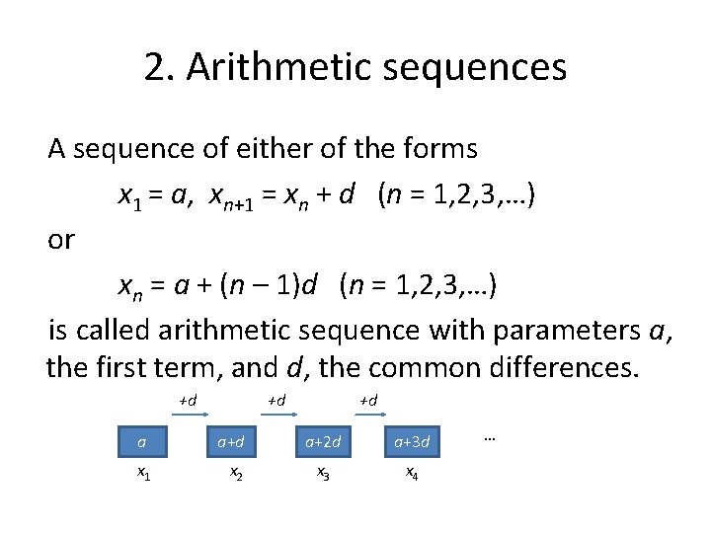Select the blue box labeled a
142,441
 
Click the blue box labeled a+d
233,441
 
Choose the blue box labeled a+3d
413,441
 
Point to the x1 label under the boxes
144,474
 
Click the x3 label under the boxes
323,474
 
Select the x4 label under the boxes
412,474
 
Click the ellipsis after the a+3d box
491,435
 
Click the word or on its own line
60,240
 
